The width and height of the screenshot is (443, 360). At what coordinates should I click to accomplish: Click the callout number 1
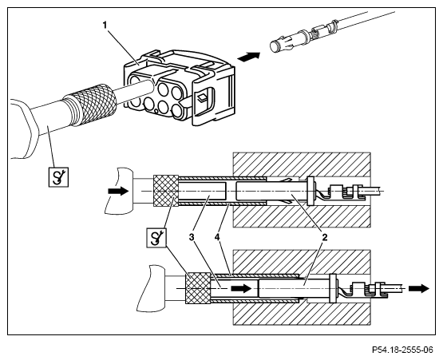[105, 26]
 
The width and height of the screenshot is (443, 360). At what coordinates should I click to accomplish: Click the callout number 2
[325, 237]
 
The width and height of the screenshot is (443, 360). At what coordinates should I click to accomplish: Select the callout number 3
[192, 237]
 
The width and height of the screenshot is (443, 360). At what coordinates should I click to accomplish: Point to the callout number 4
[216, 237]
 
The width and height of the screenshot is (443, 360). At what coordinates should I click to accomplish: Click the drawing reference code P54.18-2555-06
[402, 350]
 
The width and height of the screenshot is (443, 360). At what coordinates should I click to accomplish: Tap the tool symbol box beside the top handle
[58, 177]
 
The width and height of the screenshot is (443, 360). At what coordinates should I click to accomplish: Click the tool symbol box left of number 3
[156, 238]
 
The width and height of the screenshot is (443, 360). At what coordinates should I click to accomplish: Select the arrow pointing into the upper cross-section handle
[118, 191]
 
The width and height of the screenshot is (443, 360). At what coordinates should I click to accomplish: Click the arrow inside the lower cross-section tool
[241, 288]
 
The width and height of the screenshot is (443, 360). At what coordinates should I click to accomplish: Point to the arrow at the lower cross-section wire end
[419, 288]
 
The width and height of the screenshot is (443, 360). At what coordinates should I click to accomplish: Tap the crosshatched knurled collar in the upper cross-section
[165, 191]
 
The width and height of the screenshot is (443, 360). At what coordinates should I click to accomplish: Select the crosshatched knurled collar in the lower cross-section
[198, 288]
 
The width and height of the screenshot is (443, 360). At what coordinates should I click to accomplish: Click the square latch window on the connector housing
[203, 98]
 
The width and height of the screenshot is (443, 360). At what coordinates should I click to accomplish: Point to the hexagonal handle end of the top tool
[25, 129]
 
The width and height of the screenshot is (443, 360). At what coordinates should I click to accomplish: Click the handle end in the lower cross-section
[151, 288]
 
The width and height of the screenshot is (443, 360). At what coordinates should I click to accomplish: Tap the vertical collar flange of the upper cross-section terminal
[310, 191]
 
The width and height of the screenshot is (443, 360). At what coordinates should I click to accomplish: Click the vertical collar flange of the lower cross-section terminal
[333, 288]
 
